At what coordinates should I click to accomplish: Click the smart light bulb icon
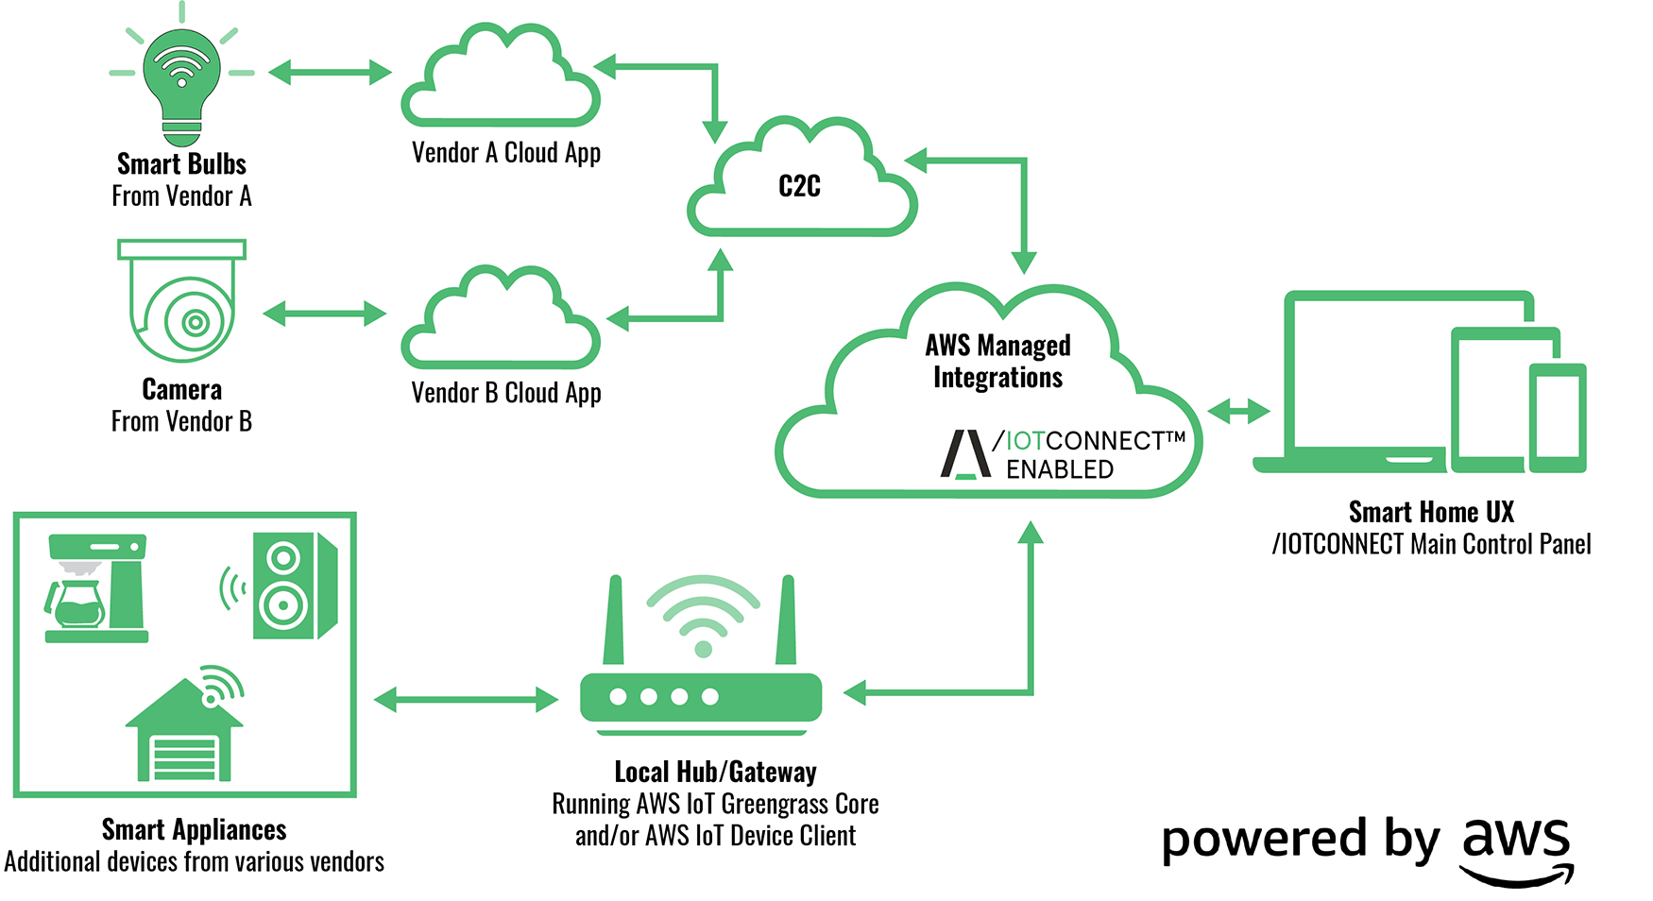pos(181,80)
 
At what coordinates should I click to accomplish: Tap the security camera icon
pos(182,302)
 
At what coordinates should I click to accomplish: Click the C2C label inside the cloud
pos(799,187)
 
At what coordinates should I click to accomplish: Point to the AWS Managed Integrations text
pos(997,361)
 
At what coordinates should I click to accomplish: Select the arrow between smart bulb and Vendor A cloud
pos(330,72)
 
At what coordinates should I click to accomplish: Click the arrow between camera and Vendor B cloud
pos(325,314)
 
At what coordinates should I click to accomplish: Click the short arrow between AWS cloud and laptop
pos(1238,411)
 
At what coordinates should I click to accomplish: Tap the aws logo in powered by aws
pos(1517,846)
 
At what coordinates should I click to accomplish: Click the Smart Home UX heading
pos(1430,512)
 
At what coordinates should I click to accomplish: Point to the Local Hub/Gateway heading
pos(715,772)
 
